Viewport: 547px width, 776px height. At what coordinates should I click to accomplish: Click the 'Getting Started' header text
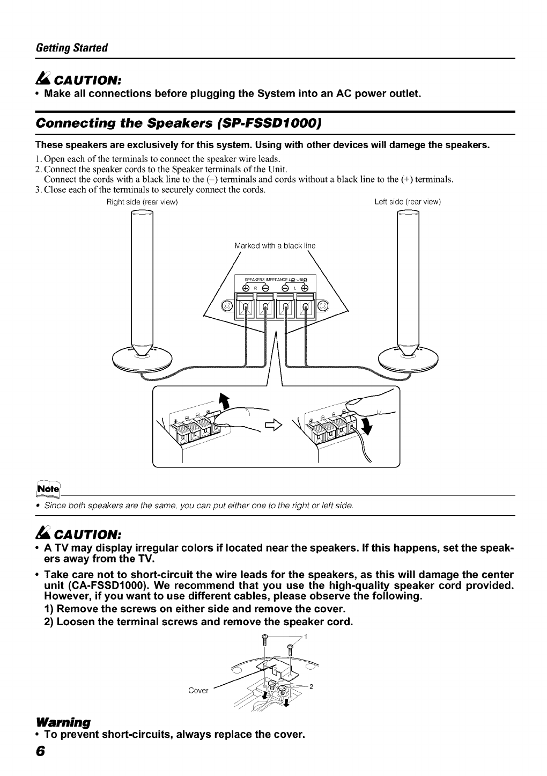(71, 47)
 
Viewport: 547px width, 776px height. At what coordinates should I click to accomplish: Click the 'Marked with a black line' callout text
(275, 246)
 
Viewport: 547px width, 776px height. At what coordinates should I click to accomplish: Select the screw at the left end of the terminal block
(227, 306)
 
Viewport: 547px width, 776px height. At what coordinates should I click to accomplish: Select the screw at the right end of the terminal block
(323, 306)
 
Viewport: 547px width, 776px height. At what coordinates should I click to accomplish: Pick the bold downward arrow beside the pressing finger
(366, 427)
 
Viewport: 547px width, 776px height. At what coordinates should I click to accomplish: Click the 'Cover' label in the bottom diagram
(198, 690)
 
